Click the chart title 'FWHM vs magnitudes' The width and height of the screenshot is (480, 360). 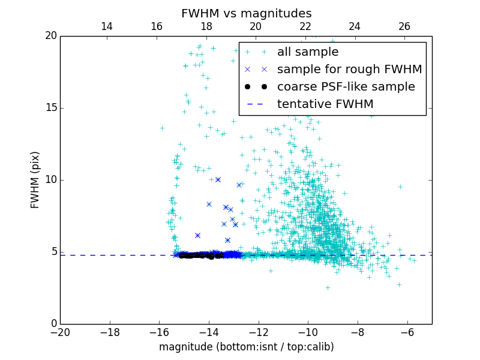(246, 13)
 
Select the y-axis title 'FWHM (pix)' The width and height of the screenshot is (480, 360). (35, 180)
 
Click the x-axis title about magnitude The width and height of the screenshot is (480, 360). (246, 347)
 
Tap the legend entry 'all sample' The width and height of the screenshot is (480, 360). (307, 52)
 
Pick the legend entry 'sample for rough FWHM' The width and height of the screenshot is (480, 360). (349, 70)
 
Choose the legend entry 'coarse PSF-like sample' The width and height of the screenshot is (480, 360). (346, 87)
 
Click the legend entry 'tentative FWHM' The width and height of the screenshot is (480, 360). (325, 104)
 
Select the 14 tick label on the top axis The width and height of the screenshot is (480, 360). (107, 26)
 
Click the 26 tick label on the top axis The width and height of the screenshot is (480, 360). (404, 26)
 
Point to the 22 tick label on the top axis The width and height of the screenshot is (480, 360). (305, 26)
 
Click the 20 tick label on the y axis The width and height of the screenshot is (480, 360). (50, 36)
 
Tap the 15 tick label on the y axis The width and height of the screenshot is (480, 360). (50, 108)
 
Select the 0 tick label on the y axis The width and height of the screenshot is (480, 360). (53, 324)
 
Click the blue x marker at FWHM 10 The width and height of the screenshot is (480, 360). (218, 179)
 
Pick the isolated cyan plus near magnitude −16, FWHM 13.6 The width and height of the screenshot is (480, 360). (162, 128)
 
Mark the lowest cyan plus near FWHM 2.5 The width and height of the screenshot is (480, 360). (328, 287)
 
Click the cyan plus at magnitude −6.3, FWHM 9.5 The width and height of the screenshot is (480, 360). (400, 187)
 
